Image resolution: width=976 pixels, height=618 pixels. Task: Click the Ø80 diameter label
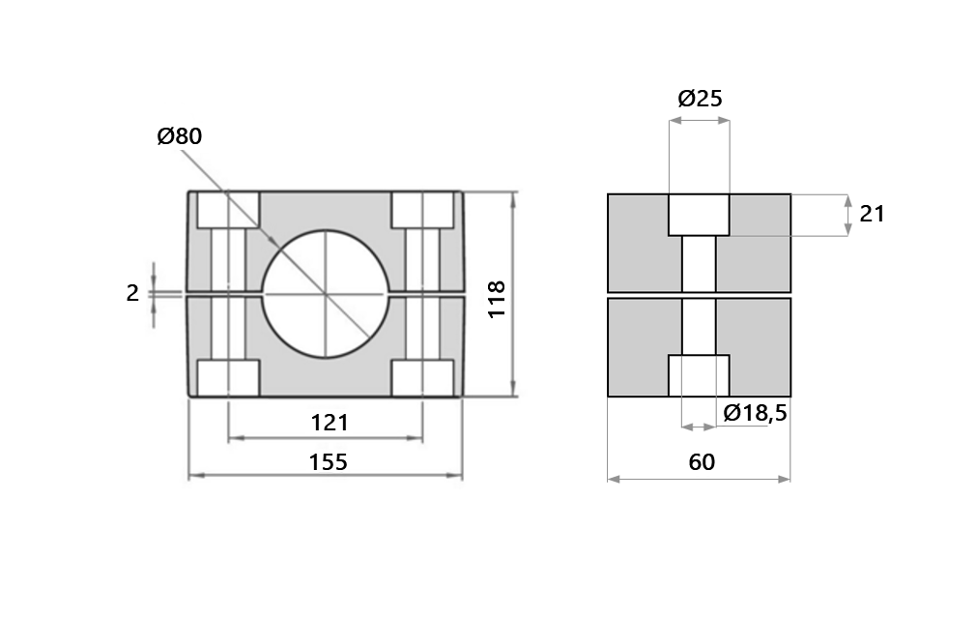click(179, 136)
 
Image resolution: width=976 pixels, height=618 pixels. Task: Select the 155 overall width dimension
click(327, 461)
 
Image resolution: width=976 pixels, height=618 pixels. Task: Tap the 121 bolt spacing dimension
click(329, 423)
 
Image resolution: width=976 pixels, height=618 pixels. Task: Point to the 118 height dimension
click(497, 300)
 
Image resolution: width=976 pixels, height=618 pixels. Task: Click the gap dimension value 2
click(132, 293)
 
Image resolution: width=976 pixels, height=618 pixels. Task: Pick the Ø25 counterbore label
click(700, 98)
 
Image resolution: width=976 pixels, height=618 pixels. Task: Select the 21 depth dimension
click(872, 214)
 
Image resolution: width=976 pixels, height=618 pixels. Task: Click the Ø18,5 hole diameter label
click(755, 413)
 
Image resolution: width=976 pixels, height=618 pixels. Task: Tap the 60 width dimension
click(702, 462)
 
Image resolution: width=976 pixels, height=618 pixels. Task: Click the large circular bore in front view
click(326, 294)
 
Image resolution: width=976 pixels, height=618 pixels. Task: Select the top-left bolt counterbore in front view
click(229, 210)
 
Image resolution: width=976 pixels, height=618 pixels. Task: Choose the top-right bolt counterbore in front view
click(422, 210)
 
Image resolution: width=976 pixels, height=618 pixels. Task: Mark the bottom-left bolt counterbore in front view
click(229, 377)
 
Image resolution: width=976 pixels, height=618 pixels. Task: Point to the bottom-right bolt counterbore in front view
click(422, 377)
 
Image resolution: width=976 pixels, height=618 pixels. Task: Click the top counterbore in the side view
click(699, 215)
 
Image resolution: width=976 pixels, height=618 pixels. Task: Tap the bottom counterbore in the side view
click(699, 375)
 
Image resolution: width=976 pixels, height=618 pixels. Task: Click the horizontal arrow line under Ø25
click(699, 121)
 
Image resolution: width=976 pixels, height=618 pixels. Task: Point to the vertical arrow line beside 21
click(847, 215)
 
